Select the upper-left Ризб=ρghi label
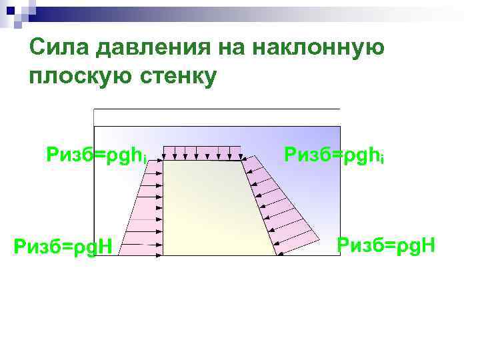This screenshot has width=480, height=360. click(x=96, y=155)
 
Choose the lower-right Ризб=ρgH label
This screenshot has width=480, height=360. click(x=386, y=245)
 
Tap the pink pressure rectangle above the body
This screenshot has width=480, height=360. click(x=203, y=152)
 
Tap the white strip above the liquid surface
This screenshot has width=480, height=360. click(x=217, y=117)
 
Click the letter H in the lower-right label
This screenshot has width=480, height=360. click(x=427, y=245)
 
